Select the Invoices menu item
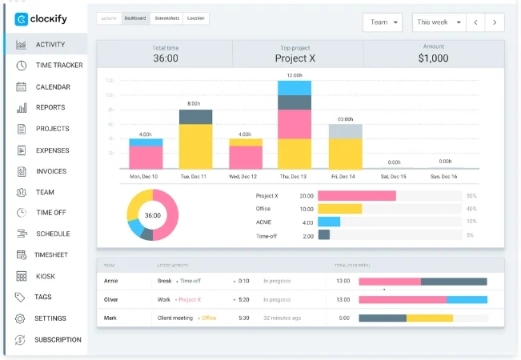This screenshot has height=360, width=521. (x=50, y=171)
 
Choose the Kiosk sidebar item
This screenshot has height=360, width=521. (x=46, y=276)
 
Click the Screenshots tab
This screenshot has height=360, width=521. (x=165, y=18)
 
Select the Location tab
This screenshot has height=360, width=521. (x=195, y=18)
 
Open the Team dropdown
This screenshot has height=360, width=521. (x=383, y=22)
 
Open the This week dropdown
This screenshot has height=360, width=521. (x=439, y=22)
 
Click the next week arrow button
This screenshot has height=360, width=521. (x=496, y=22)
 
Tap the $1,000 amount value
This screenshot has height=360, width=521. (x=433, y=58)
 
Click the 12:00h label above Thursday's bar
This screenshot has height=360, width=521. (x=294, y=75)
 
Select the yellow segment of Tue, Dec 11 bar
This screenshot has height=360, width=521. (x=195, y=146)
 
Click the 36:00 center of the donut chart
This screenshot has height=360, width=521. (x=152, y=215)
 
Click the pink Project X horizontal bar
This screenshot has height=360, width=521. (x=357, y=195)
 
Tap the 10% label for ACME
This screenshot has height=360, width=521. (x=471, y=222)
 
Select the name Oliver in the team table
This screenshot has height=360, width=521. (x=111, y=300)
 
